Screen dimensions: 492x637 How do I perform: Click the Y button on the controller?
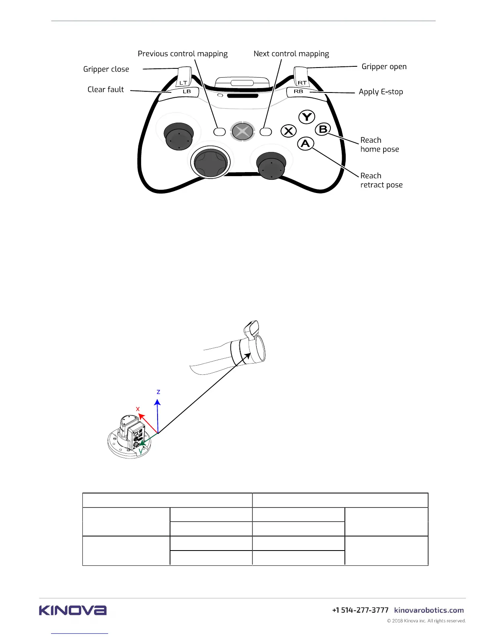pyautogui.click(x=307, y=117)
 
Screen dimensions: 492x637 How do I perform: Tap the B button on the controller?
pyautogui.click(x=323, y=129)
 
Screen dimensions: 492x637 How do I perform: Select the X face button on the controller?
pyautogui.click(x=288, y=131)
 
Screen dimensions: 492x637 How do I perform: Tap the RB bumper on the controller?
pyautogui.click(x=299, y=92)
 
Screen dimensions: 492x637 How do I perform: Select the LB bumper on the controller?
pyautogui.click(x=186, y=92)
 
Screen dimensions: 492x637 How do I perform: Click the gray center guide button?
pyautogui.click(x=242, y=131)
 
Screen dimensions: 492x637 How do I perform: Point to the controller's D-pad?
pyautogui.click(x=211, y=162)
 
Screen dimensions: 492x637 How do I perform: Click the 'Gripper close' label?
pyautogui.click(x=106, y=69)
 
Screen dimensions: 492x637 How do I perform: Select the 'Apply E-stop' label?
pyautogui.click(x=381, y=92)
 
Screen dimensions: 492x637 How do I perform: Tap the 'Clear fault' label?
pyautogui.click(x=106, y=89)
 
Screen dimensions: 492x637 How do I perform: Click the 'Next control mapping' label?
pyautogui.click(x=291, y=54)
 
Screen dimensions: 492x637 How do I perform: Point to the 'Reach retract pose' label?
pyautogui.click(x=381, y=180)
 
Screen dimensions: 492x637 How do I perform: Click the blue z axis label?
pyautogui.click(x=158, y=392)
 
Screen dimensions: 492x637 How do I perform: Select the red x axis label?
pyautogui.click(x=138, y=409)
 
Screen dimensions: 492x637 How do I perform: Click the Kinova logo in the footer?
pyautogui.click(x=73, y=610)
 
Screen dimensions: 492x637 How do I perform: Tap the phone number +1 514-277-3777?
pyautogui.click(x=360, y=610)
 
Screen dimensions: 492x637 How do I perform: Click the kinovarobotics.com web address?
pyautogui.click(x=429, y=610)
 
